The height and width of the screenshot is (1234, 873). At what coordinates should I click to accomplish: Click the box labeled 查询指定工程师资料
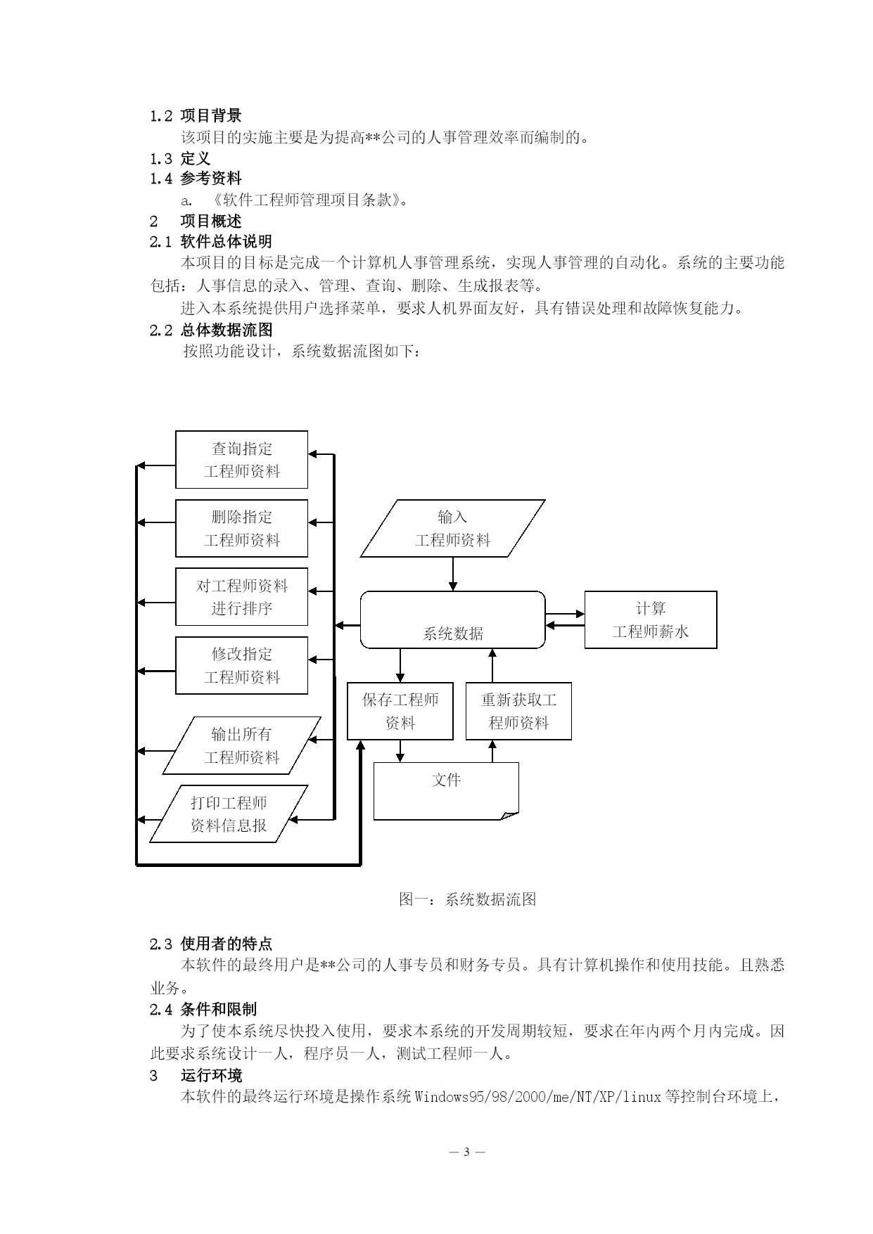[x=241, y=460]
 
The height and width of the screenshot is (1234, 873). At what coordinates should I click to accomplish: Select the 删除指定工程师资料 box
[x=241, y=529]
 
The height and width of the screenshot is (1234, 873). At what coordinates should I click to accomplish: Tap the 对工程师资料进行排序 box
[x=241, y=597]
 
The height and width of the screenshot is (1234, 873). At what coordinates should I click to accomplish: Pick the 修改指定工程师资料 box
[x=241, y=665]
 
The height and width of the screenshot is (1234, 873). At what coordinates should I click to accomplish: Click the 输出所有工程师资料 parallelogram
[x=241, y=745]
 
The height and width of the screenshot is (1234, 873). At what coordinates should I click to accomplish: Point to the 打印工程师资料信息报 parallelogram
[x=229, y=814]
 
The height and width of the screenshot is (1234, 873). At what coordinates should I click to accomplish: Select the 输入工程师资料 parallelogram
[x=453, y=529]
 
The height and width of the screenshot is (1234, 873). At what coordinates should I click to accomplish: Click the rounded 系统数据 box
[x=453, y=619]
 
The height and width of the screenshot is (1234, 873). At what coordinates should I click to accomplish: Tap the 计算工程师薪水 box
[x=651, y=619]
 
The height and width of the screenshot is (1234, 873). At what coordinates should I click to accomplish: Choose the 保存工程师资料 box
[x=400, y=711]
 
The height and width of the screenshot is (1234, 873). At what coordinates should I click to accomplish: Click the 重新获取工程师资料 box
[x=518, y=711]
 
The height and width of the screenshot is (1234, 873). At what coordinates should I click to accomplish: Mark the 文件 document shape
[x=446, y=791]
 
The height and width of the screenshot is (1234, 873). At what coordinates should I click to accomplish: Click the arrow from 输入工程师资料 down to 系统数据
[x=453, y=574]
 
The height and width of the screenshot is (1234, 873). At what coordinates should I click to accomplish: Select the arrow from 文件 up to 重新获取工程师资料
[x=492, y=751]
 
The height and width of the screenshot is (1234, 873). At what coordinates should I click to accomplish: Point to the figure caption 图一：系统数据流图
[x=468, y=899]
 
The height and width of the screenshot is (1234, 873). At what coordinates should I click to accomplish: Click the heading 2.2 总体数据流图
[x=211, y=330]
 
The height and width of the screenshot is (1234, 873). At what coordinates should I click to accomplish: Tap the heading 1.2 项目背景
[x=196, y=115]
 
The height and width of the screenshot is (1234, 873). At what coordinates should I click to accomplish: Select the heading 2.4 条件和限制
[x=203, y=1010]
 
